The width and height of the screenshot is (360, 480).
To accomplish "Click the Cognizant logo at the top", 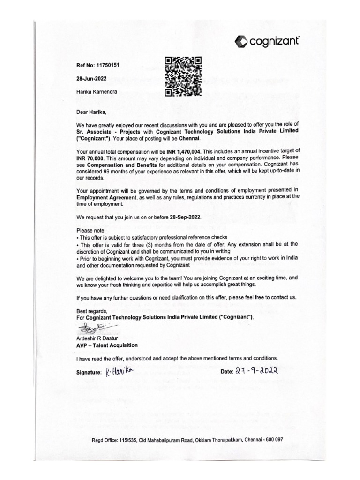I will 266,42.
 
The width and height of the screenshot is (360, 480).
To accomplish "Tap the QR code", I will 183,76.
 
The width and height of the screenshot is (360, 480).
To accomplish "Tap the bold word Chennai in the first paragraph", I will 189,139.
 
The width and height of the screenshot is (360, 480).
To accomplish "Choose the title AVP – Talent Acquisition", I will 107,345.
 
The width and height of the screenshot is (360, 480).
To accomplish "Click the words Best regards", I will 92,311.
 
